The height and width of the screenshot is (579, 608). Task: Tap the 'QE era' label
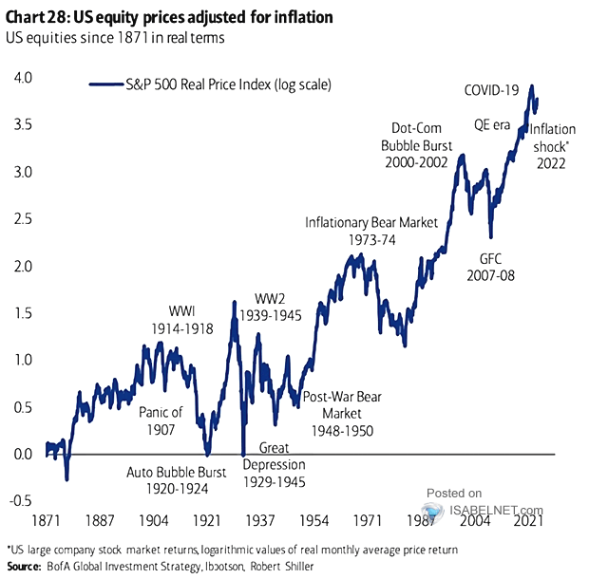click(x=494, y=123)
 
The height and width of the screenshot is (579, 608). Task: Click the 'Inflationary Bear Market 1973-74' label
click(x=371, y=231)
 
